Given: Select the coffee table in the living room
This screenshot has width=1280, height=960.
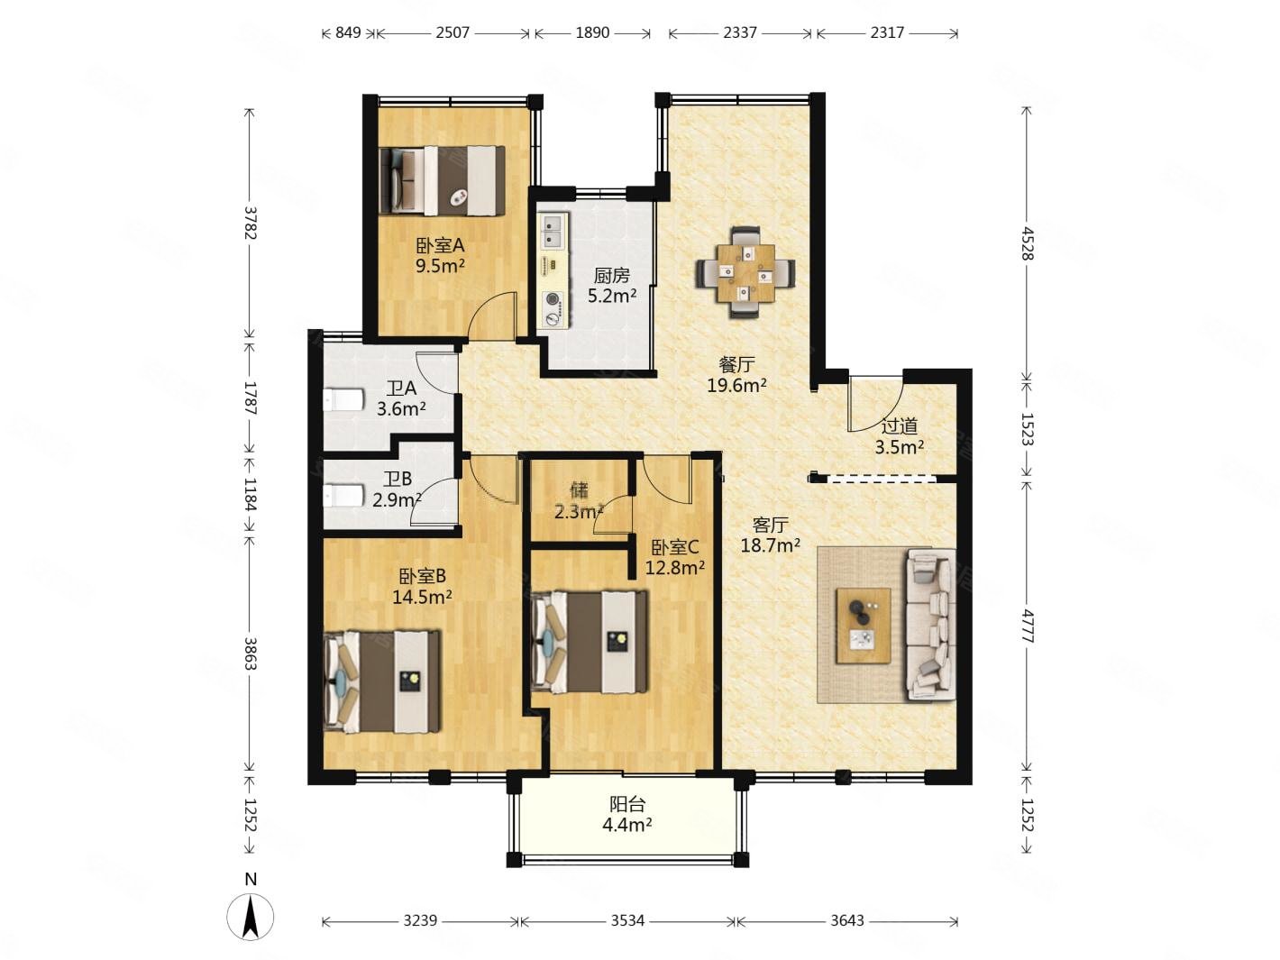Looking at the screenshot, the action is coord(863,626).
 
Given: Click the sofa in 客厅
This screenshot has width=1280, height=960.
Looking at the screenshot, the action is coord(928,625).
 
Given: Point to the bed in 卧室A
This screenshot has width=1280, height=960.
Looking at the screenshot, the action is coord(441,180).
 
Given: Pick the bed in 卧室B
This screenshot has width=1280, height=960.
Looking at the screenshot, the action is coord(381,681).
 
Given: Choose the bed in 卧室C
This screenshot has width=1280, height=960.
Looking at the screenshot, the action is coord(590,642).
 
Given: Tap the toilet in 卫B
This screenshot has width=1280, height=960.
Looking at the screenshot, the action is coord(343,496).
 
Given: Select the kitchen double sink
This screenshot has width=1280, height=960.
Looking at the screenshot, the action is coord(553,231).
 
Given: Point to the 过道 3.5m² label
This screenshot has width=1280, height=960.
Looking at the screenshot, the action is coord(898,436).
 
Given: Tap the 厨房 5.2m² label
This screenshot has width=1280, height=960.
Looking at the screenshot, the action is coord(610,286).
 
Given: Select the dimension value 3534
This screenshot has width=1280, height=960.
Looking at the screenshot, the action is coord(627,921).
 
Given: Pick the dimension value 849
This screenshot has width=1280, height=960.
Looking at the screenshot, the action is coord(348,32).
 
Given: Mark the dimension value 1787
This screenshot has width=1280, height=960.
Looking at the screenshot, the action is coord(251,398).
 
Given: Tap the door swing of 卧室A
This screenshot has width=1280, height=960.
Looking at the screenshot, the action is coord(494,315).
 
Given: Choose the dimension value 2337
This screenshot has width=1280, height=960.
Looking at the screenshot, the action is coord(739,32).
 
